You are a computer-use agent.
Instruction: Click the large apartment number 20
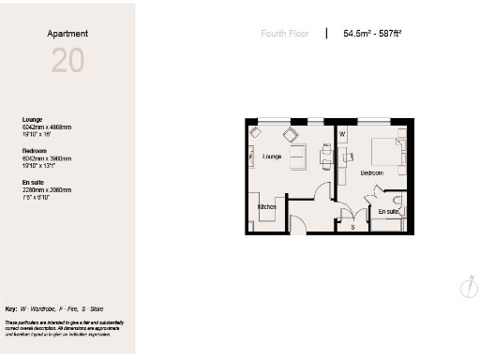click(x=67, y=61)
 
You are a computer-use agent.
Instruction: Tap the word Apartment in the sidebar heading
click(x=67, y=34)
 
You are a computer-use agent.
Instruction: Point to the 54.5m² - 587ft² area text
click(x=372, y=34)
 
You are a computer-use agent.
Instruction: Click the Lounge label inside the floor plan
click(x=273, y=157)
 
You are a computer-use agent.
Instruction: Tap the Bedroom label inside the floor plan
click(x=372, y=173)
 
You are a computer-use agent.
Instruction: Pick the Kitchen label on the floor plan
click(x=267, y=207)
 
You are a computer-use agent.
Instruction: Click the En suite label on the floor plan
click(x=388, y=212)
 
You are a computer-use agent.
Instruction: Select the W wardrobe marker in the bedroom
click(x=342, y=134)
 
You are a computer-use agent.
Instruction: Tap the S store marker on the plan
click(x=352, y=226)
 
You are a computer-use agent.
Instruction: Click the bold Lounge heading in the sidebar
click(x=33, y=119)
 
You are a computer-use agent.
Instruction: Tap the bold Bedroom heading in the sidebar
click(x=35, y=149)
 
